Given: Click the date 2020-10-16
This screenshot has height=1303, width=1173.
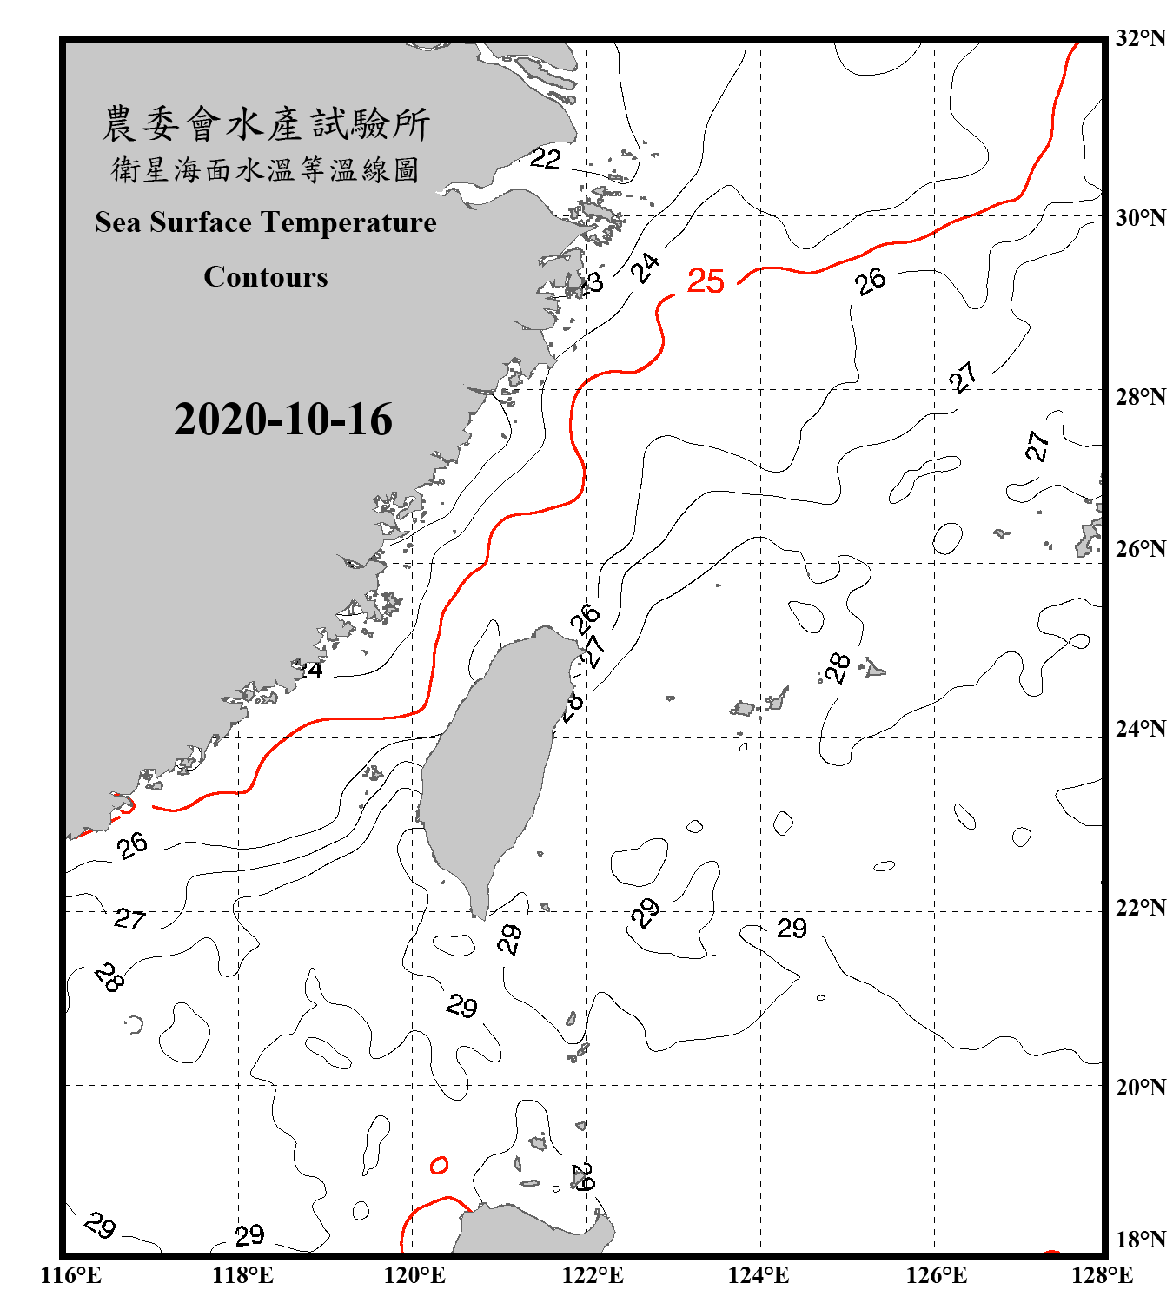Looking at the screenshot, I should pos(283,420).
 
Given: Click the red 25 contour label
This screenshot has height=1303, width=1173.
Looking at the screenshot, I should pos(705,281).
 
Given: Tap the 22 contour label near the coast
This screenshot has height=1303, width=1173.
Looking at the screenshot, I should pos(545,158).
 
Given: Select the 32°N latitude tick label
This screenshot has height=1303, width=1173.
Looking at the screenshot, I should pos(1140,38).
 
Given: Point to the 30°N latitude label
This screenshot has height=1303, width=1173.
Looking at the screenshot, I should pos(1140,218).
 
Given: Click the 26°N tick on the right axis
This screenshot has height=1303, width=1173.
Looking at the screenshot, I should pos(1140,549).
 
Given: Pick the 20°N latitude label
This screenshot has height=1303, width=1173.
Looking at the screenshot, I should pos(1140,1087).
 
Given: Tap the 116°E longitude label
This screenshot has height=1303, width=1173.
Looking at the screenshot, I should pos(71,1275).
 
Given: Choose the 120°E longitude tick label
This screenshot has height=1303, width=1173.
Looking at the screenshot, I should pos(414,1275).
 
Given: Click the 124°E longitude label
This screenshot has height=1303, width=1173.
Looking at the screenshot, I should pos(759,1275).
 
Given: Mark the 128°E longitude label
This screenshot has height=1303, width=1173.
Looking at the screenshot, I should pos(1102,1275).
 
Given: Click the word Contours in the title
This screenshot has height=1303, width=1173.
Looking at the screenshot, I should pos(266,277).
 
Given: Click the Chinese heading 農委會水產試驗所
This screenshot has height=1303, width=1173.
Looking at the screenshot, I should pos(266,124).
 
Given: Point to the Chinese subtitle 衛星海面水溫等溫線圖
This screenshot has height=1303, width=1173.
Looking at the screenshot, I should pos(266,170).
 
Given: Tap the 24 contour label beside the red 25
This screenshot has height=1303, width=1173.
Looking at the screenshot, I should pos(645,268).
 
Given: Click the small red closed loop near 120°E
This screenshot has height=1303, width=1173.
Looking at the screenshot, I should pos(440,1165).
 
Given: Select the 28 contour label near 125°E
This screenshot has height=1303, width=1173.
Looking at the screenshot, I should pos(838,668).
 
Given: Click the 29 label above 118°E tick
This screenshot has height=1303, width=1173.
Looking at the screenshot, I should pos(249,1234).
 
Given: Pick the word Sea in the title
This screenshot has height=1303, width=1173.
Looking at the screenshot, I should pos(118,222).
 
